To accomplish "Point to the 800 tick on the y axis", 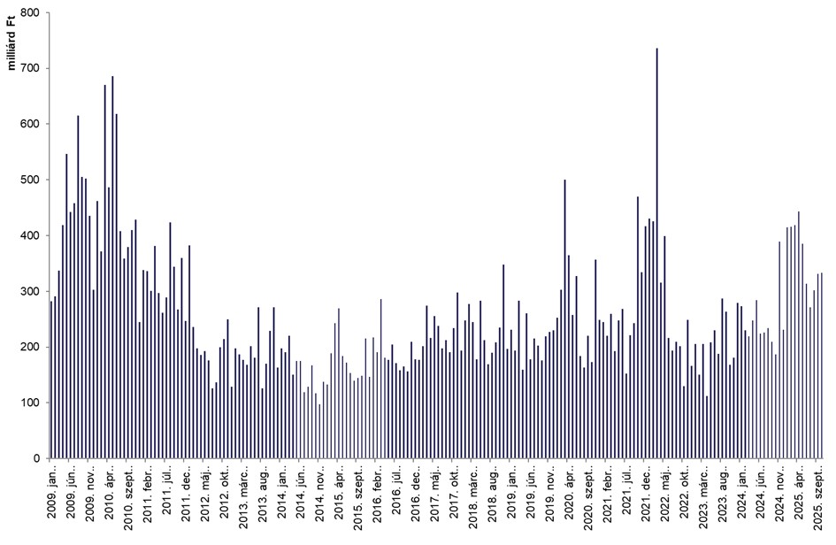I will coord(33,13).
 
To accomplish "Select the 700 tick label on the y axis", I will coord(33,69).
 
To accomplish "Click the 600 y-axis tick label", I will coord(33,125).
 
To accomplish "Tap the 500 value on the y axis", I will coord(33,180).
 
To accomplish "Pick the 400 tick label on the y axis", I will coord(33,236).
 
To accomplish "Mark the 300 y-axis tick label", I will coord(33,292).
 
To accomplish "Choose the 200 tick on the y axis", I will coord(33,348).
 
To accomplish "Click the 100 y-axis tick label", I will coord(33,403).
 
